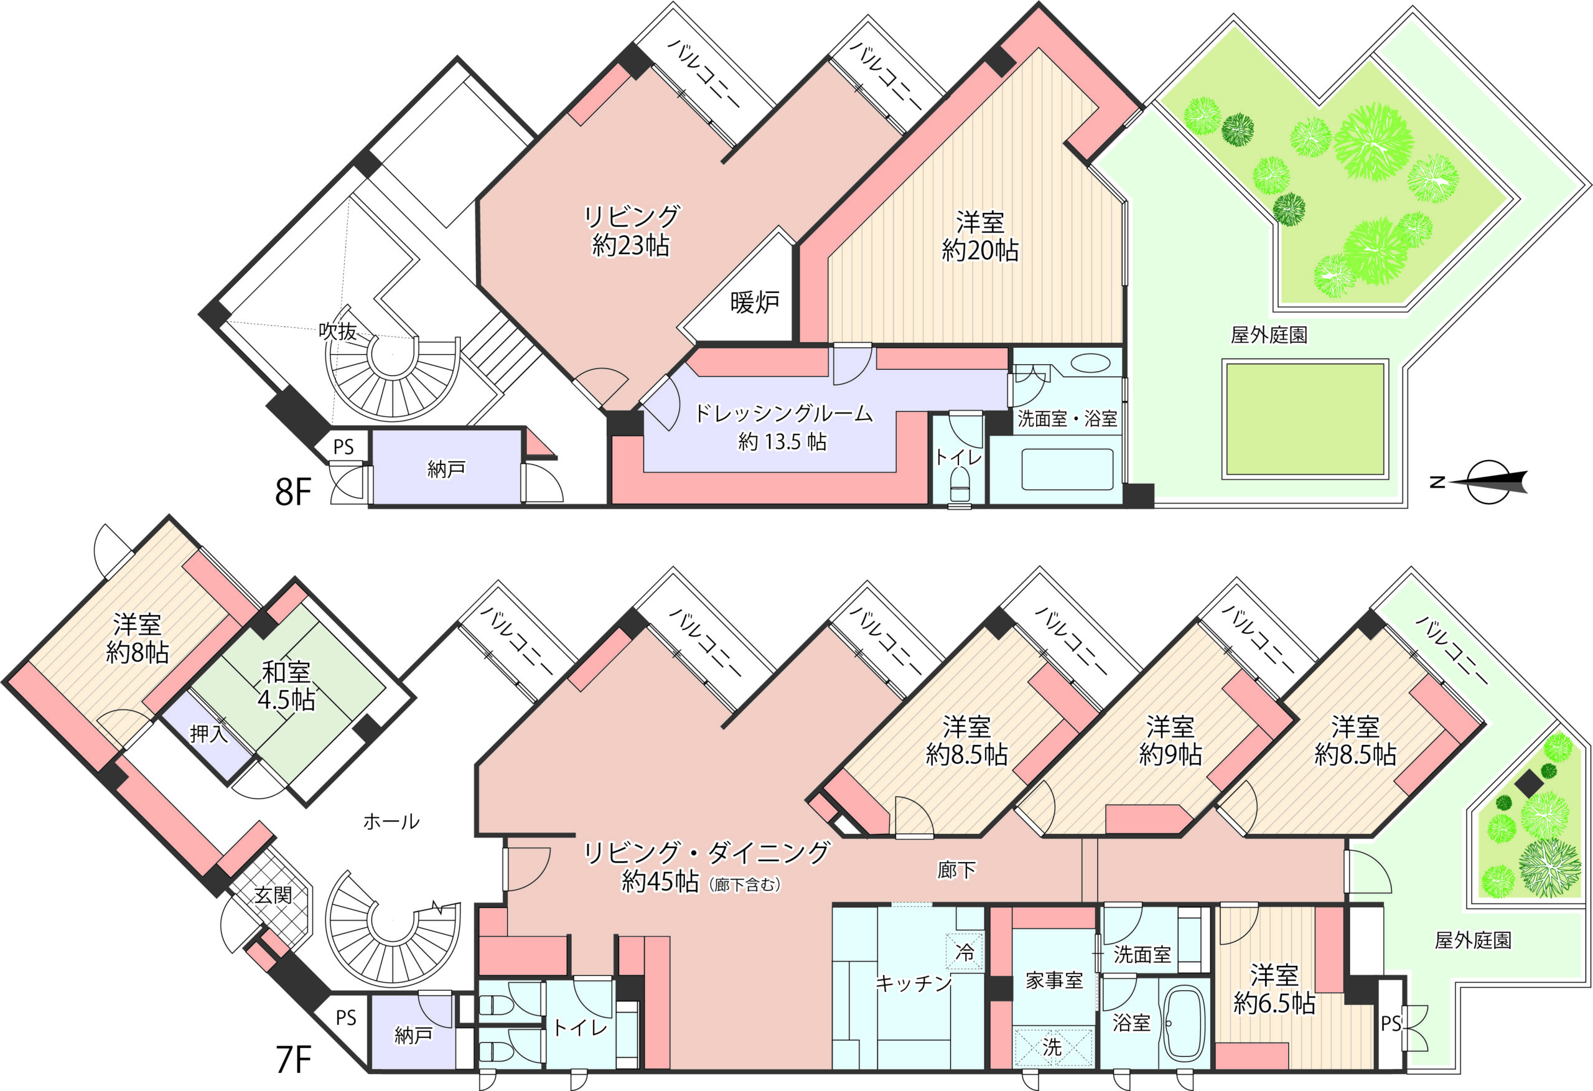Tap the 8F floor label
click(x=293, y=492)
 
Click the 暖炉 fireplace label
click(x=755, y=302)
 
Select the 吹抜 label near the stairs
click(x=338, y=331)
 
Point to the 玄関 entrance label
click(x=273, y=895)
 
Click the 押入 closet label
click(x=208, y=734)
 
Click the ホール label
click(x=391, y=822)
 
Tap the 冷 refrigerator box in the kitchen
click(x=965, y=952)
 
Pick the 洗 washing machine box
click(x=1052, y=1046)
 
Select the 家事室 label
click(x=1054, y=981)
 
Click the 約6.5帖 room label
click(x=1274, y=1003)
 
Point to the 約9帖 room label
click(x=1170, y=754)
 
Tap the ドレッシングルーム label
click(x=783, y=413)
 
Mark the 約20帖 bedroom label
click(x=980, y=251)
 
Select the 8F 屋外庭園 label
click(x=1269, y=335)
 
